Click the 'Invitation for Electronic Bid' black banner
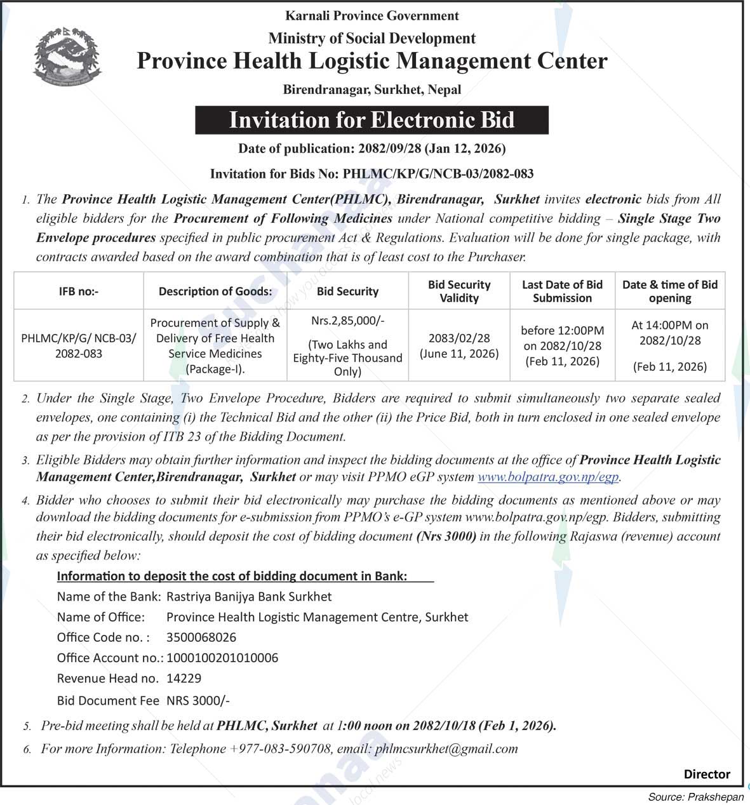coord(372,120)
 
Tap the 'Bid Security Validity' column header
coord(459,291)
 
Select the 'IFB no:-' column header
coord(79,291)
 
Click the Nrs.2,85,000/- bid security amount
coord(347,321)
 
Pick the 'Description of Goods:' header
coord(215,291)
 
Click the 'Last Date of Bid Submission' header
coord(562,291)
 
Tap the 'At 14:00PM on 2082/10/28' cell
coord(669,333)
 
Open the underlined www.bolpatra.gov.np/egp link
coord(548,477)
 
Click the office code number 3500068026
coord(201,637)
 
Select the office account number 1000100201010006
coord(222,658)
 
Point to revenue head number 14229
coord(184,678)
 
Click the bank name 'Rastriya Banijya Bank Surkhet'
coord(249,597)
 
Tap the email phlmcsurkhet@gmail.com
coord(446,749)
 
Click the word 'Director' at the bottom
coord(706,774)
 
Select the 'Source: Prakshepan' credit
coord(695,797)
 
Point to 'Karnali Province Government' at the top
coord(372,16)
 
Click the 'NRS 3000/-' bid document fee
coord(198,701)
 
